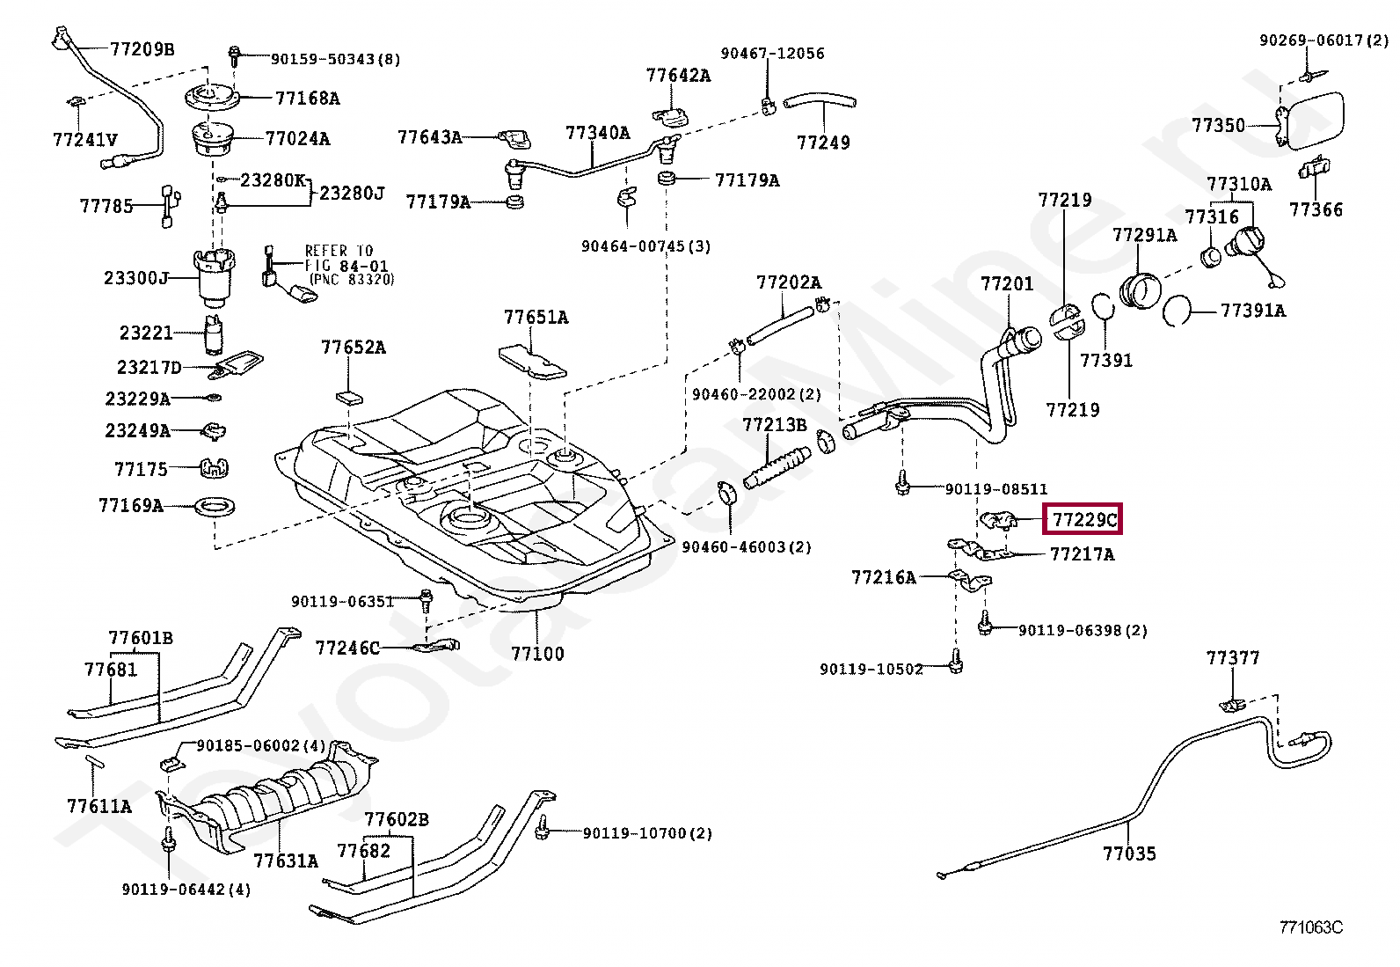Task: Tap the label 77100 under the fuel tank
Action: [537, 654]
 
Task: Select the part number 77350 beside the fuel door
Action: [1219, 125]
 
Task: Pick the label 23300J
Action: [136, 278]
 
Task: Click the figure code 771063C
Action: [1310, 927]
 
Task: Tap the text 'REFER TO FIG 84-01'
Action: [346, 259]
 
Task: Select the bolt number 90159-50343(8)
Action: [335, 60]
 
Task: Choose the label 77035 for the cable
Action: [1129, 853]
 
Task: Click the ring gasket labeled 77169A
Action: [215, 507]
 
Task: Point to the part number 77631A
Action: [286, 861]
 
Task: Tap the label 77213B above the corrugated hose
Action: [775, 425]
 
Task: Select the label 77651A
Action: [536, 317]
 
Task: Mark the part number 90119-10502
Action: [871, 670]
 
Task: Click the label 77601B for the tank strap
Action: [141, 638]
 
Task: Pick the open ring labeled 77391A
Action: [1177, 311]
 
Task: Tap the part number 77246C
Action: [347, 648]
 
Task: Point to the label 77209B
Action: [142, 48]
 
